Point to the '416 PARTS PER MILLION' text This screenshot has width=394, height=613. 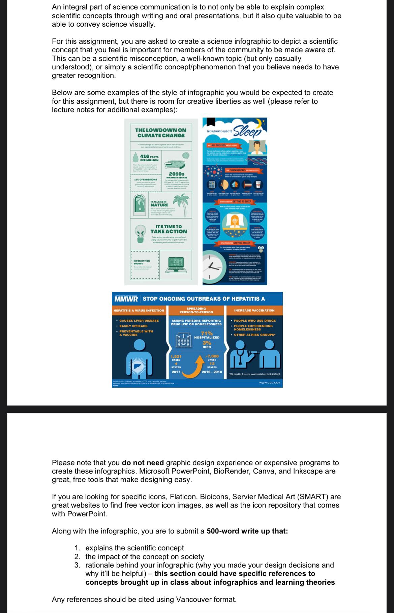(x=149, y=158)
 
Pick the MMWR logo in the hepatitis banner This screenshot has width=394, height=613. (x=126, y=299)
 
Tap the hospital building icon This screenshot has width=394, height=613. (x=184, y=339)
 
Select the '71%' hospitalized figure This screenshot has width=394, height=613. (x=207, y=333)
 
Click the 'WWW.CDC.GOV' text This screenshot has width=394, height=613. (x=269, y=383)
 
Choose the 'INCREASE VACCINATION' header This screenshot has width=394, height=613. (x=254, y=311)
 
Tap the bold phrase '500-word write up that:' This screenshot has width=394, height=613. (x=247, y=531)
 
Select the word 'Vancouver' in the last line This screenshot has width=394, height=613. (x=193, y=600)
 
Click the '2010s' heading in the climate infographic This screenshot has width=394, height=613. (x=176, y=174)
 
